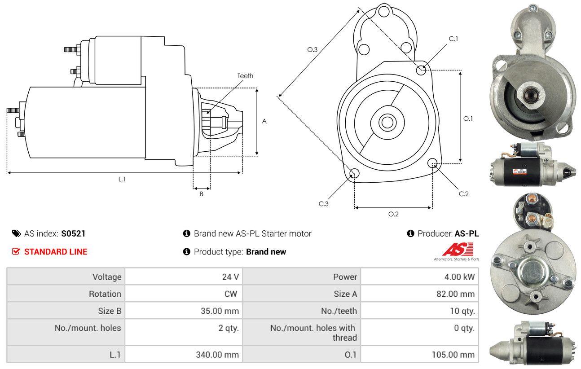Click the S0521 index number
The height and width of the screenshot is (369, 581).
[73, 233]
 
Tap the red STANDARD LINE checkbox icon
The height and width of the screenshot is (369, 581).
[16, 251]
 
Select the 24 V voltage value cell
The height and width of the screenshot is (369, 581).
[184, 277]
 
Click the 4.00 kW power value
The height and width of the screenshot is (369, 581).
[459, 277]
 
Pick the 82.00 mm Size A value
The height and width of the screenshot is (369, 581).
[455, 294]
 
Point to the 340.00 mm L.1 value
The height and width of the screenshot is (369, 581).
[217, 355]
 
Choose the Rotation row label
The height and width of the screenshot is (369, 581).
[105, 294]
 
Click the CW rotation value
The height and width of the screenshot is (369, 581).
[231, 294]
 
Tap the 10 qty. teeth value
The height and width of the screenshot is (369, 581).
[462, 311]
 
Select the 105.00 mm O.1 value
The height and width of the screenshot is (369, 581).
[453, 355]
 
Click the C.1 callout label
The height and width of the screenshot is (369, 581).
[453, 39]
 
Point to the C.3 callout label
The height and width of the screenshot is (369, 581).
[323, 204]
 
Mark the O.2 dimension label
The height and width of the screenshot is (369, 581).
[393, 214]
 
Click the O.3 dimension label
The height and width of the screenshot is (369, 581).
[313, 49]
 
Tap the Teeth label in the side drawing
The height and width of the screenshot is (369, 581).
[245, 76]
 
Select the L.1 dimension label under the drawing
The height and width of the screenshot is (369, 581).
[122, 179]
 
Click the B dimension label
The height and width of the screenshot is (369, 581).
[202, 194]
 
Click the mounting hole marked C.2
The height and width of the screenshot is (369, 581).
[432, 163]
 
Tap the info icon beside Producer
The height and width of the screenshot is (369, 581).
[410, 233]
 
